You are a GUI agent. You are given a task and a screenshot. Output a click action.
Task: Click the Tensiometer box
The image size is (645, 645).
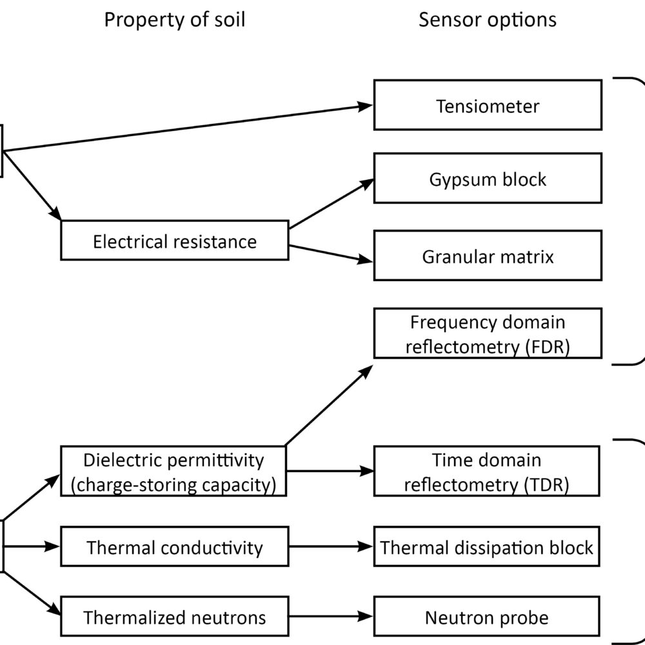488,104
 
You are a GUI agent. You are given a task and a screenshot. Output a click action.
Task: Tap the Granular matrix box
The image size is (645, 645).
488,257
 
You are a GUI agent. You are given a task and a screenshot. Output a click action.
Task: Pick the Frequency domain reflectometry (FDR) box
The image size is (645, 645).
488,333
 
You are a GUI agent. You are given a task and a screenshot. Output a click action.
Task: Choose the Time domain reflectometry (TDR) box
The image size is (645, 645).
488,472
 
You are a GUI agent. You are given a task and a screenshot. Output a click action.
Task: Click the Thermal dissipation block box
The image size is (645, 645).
488,548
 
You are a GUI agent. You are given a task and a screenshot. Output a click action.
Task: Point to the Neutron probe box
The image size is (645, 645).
488,618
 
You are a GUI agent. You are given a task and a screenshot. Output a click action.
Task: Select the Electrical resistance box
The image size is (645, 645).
174,241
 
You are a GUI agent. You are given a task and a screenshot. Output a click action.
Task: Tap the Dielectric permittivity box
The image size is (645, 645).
174,472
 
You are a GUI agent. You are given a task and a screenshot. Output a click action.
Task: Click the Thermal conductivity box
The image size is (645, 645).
174,548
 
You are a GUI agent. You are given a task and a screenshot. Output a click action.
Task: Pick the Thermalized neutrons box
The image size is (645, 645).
174,618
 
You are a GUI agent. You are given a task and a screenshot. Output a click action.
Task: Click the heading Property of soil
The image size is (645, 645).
174,19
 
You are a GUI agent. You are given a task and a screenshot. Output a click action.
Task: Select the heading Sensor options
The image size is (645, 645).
487,19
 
